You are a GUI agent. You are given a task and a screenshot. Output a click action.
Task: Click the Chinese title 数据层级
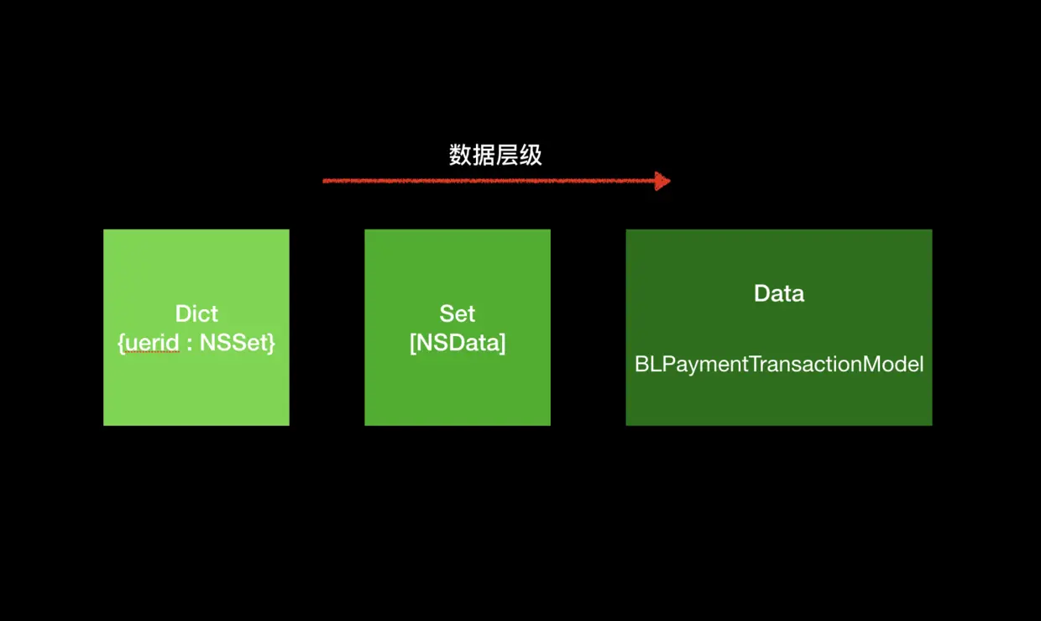click(495, 155)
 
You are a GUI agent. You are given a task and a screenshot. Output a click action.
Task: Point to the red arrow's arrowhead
click(663, 181)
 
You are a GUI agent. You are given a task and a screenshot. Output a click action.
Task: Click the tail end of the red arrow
click(326, 181)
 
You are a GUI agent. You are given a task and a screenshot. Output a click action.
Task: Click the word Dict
click(196, 313)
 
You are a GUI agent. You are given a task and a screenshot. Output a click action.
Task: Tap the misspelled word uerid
click(151, 343)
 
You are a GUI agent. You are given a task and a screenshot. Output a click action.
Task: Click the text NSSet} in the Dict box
click(238, 343)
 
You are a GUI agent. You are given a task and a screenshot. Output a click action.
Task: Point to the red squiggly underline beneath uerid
click(151, 354)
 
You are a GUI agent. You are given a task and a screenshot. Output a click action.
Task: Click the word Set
click(458, 313)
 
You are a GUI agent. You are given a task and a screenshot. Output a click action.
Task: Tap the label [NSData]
click(458, 343)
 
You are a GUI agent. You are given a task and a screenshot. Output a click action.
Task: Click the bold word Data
click(779, 293)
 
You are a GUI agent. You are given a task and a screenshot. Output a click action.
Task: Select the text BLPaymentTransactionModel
click(779, 364)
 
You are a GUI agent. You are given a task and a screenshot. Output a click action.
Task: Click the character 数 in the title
click(461, 155)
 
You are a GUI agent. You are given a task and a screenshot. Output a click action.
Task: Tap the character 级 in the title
click(531, 155)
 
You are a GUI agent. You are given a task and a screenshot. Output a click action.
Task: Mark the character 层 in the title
click(507, 155)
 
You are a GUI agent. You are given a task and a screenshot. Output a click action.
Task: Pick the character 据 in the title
click(484, 155)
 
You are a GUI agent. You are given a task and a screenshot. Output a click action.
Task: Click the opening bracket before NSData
click(412, 343)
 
